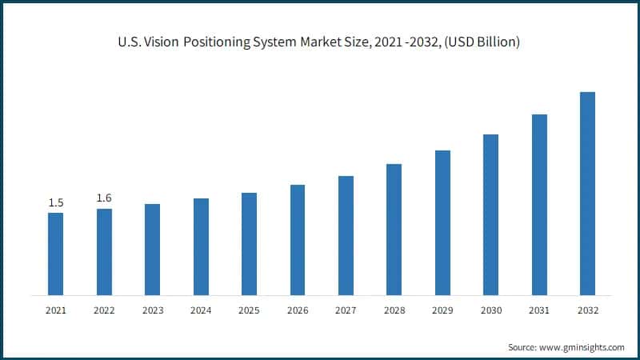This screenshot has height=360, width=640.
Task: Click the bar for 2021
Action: click(55, 254)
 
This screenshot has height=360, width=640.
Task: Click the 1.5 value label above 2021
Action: click(56, 203)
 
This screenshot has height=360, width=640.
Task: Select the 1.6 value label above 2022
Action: click(104, 198)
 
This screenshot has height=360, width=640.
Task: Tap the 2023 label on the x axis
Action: click(152, 310)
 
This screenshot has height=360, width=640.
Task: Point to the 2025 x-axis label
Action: click(249, 310)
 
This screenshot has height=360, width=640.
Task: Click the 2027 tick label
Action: click(346, 310)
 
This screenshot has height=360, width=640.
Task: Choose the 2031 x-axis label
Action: click(539, 310)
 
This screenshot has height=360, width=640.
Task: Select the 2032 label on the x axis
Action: click(587, 310)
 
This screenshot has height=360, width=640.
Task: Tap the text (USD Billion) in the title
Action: click(484, 42)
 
